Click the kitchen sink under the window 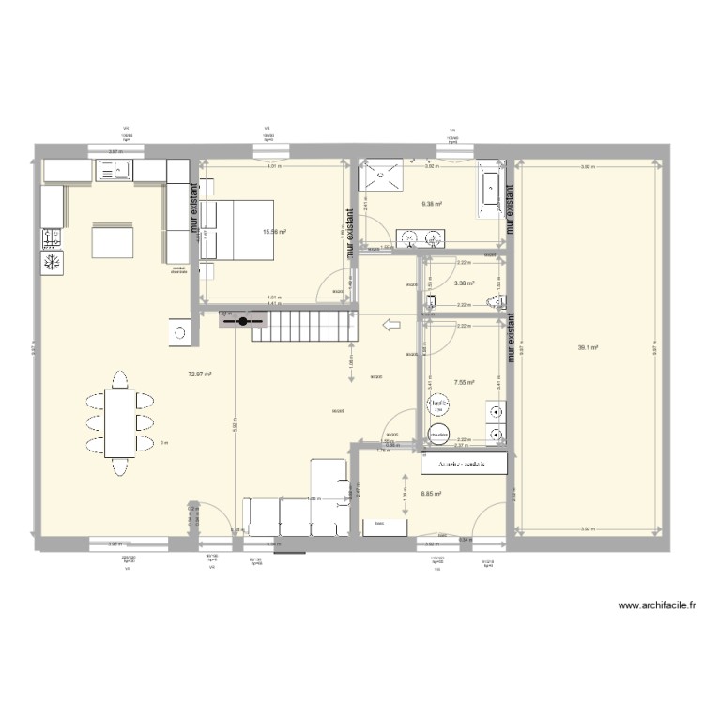(x=114, y=170)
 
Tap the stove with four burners (x=52, y=237)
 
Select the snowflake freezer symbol (x=52, y=261)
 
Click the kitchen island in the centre (x=112, y=240)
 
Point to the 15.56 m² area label (x=274, y=232)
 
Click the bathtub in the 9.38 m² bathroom (x=491, y=191)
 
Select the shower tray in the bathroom (x=382, y=175)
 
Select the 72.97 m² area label (x=199, y=374)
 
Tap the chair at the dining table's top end (x=119, y=379)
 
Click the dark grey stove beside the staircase (x=243, y=321)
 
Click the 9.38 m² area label (x=432, y=204)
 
